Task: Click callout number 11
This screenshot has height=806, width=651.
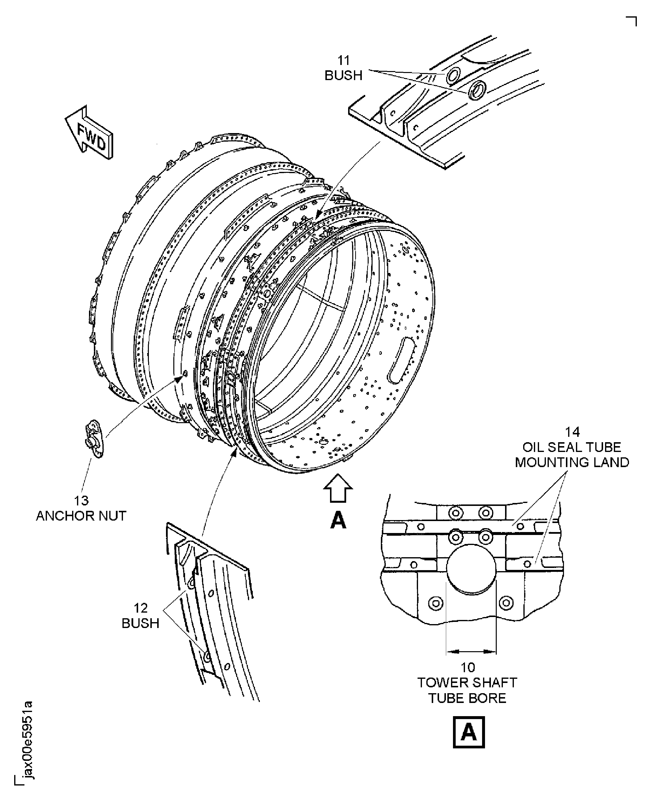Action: point(343,60)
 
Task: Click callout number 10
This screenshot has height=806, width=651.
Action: point(468,667)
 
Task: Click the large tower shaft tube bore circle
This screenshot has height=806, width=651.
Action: point(471,569)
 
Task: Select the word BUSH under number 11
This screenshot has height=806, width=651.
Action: point(343,76)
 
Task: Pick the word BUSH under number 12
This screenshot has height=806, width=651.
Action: point(141,623)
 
